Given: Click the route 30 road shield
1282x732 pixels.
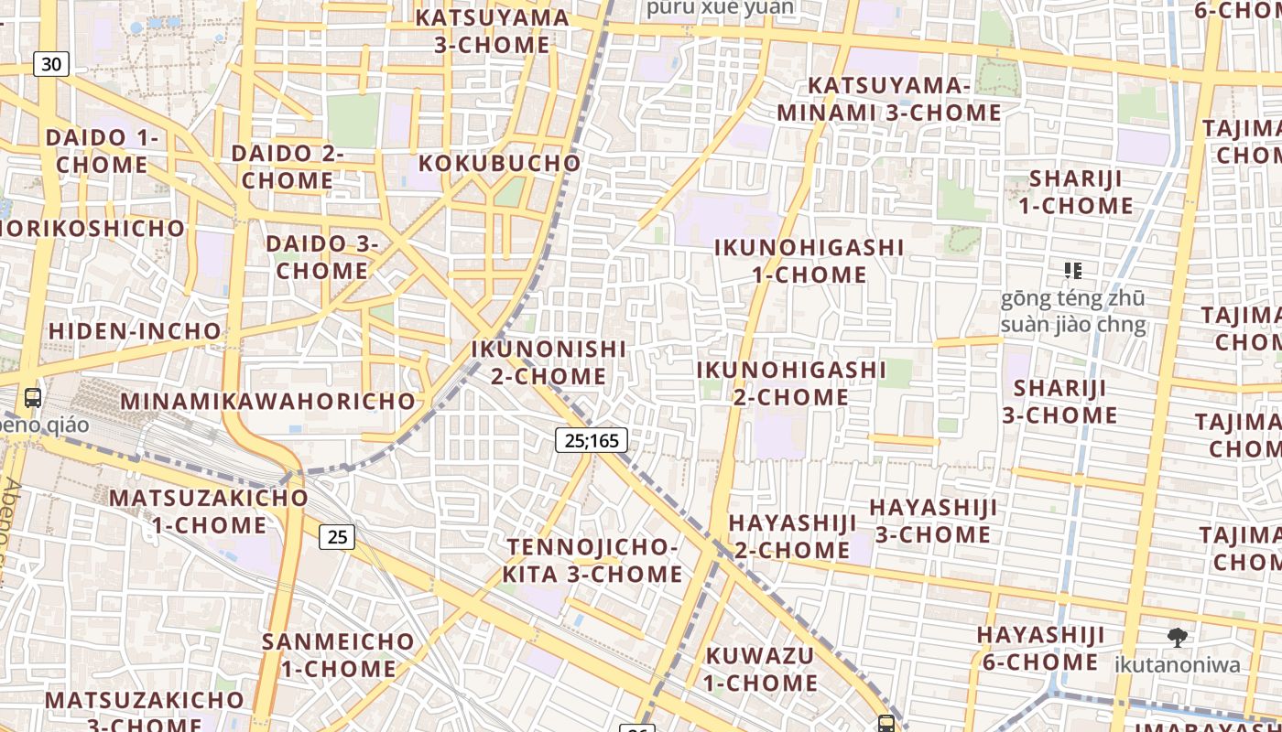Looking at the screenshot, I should pyautogui.click(x=51, y=64).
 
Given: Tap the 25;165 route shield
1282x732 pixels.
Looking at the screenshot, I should pyautogui.click(x=592, y=440).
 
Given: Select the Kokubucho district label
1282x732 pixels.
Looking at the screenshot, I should pyautogui.click(x=500, y=164).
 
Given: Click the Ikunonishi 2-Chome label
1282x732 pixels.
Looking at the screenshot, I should pyautogui.click(x=549, y=362).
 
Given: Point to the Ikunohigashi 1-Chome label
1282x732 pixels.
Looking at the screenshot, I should pyautogui.click(x=809, y=261).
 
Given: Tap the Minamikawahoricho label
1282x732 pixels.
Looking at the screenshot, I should pyautogui.click(x=268, y=401).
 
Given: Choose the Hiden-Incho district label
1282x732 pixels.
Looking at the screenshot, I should pyautogui.click(x=135, y=331).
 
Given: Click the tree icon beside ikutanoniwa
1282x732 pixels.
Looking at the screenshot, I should pyautogui.click(x=1178, y=638).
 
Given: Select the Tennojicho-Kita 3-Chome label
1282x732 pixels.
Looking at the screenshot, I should pyautogui.click(x=592, y=561).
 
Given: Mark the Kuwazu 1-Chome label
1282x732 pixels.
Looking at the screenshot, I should pyautogui.click(x=761, y=669).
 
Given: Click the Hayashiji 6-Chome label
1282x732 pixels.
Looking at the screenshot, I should pyautogui.click(x=1040, y=648).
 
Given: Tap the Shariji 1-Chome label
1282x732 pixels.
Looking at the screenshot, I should pyautogui.click(x=1075, y=192).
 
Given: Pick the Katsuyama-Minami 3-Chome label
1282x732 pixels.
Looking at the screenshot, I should pyautogui.click(x=889, y=100).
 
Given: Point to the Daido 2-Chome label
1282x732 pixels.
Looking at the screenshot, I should pyautogui.click(x=288, y=167).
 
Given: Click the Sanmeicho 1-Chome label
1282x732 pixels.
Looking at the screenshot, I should pyautogui.click(x=338, y=655).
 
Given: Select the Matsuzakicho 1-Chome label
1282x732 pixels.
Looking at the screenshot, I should pyautogui.click(x=209, y=511).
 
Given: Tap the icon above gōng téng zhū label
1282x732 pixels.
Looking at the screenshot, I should pyautogui.click(x=1073, y=270).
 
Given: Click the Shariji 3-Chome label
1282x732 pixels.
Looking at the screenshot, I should pyautogui.click(x=1059, y=402).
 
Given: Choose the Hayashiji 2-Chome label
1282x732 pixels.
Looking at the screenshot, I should pyautogui.click(x=793, y=536).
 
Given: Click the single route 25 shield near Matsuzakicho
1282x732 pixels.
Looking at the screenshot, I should pyautogui.click(x=337, y=537).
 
